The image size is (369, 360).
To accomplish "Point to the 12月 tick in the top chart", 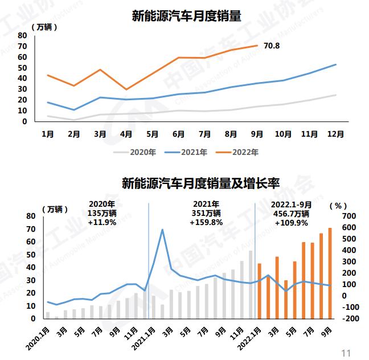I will pos(335,134).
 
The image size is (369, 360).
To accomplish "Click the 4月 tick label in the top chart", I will pos(126,134).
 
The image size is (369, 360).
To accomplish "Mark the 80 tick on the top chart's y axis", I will pos(22,35).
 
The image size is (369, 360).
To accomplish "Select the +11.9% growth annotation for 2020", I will pos(102,223).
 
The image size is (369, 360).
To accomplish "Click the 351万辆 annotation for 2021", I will pos(206,214).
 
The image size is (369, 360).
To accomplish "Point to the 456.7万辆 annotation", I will pos(291,214).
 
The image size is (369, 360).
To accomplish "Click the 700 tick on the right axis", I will pos(349,216).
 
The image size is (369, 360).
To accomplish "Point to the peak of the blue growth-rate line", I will pos(162,230).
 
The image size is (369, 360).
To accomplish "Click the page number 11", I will pos(345,353).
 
